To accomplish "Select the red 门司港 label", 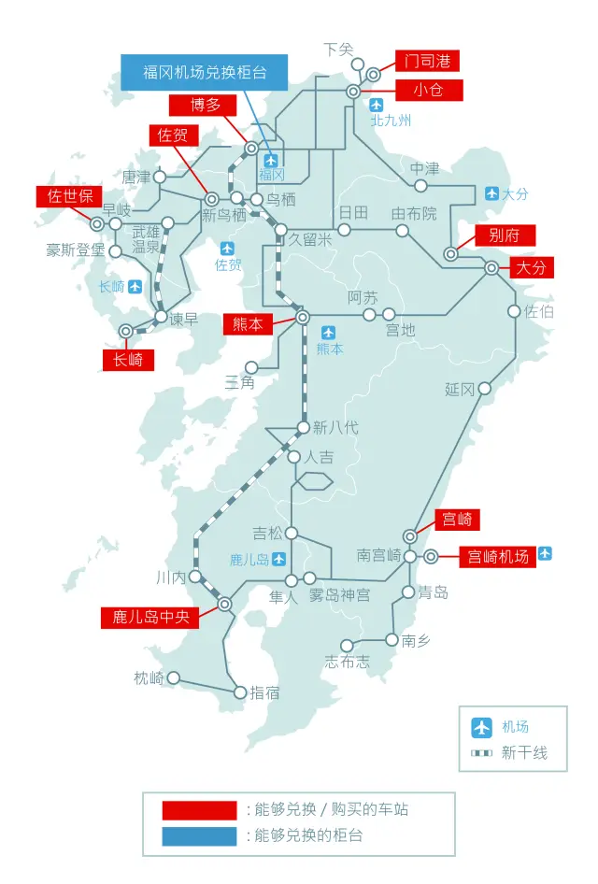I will coord(426,62).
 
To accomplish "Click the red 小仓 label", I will coord(426,90).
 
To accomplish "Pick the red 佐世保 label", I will coord(70,196).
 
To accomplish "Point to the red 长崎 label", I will coord(128,359).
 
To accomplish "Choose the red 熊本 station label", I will coord(248,324).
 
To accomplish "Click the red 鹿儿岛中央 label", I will coord(150,618).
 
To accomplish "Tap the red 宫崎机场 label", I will coord(498,557).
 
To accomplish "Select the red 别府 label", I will coord(505,235).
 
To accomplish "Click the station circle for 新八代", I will coord(303,428).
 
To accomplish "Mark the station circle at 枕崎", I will coord(173,678).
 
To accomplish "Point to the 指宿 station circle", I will coord(240,692).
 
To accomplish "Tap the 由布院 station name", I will coord(414,214).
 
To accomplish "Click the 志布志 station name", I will coord(347,662).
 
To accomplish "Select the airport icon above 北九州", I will coord(377,105).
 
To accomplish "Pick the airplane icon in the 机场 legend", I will coord(482,727).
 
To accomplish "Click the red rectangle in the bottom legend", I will coord(198,809).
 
